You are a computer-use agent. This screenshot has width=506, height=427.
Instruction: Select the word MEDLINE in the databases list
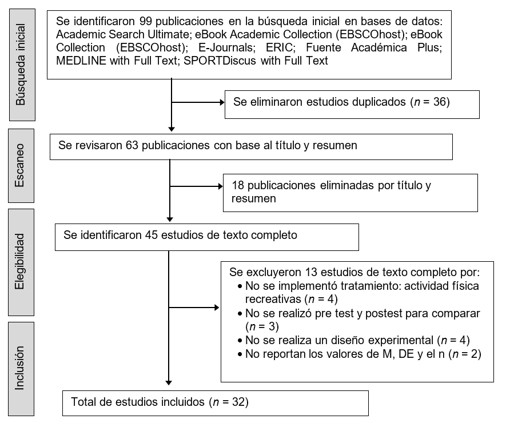81,60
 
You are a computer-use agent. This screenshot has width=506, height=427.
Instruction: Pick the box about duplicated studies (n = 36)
352,103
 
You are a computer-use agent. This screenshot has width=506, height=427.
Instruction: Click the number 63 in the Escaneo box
132,146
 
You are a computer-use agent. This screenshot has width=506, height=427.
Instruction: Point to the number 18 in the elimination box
238,186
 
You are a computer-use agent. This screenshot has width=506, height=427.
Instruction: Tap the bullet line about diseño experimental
357,340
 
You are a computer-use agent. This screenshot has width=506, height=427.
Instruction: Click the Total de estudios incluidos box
216,402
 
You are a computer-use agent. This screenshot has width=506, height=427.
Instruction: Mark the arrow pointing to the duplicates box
198,103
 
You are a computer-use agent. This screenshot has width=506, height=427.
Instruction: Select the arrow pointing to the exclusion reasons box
194,308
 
